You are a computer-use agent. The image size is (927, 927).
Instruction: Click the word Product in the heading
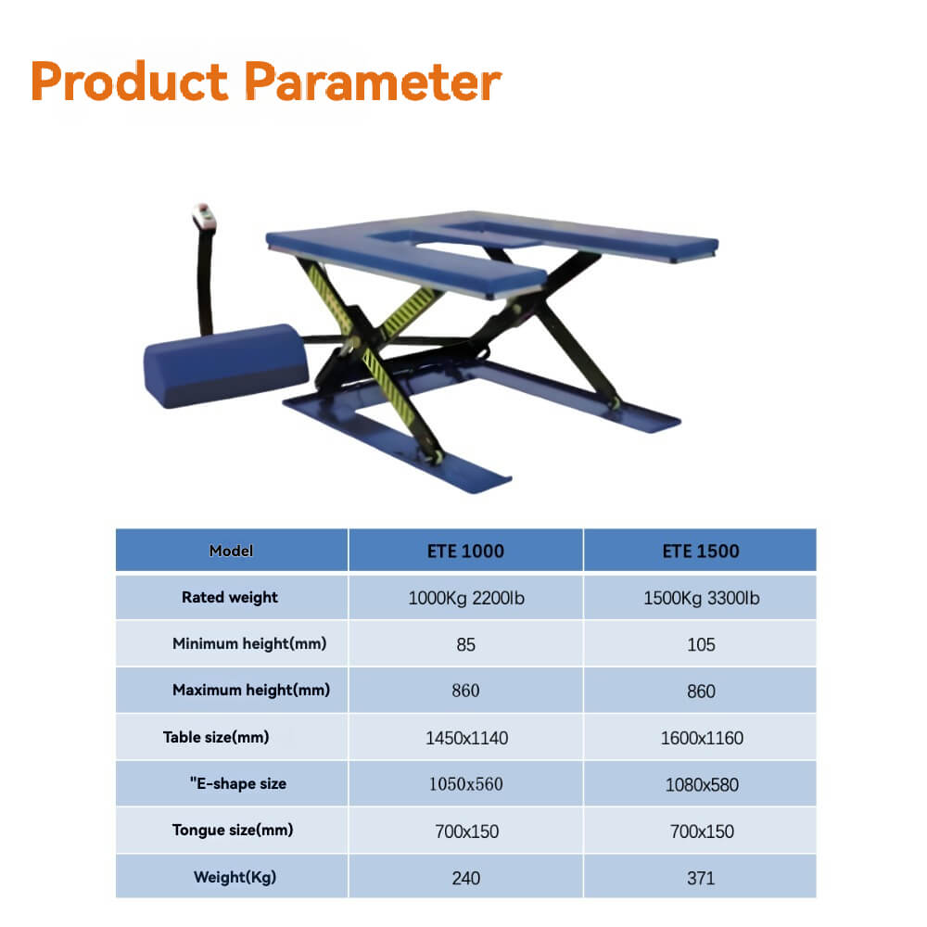129,82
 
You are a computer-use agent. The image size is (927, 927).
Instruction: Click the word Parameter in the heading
375,82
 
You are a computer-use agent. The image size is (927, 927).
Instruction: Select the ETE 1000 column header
466,551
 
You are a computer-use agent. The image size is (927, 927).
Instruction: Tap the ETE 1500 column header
701,551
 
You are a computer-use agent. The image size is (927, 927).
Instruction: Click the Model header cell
231,551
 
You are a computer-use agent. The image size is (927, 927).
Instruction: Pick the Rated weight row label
230,597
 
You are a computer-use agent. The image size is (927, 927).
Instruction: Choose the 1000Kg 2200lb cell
466,598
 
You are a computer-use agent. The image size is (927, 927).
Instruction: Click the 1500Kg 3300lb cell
701,598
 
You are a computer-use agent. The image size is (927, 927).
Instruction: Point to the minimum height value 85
466,644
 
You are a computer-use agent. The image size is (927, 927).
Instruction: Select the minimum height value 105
701,644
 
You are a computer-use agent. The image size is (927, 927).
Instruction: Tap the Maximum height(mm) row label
250,690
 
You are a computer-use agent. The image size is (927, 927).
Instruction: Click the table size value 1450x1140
466,739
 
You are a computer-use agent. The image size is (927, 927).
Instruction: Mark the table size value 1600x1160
701,739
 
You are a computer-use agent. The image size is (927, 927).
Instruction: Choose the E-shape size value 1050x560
466,784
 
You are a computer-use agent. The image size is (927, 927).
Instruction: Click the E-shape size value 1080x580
701,784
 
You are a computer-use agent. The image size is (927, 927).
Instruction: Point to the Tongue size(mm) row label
233,830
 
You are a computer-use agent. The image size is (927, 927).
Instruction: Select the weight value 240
466,878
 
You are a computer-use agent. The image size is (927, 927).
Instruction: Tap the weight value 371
701,878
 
